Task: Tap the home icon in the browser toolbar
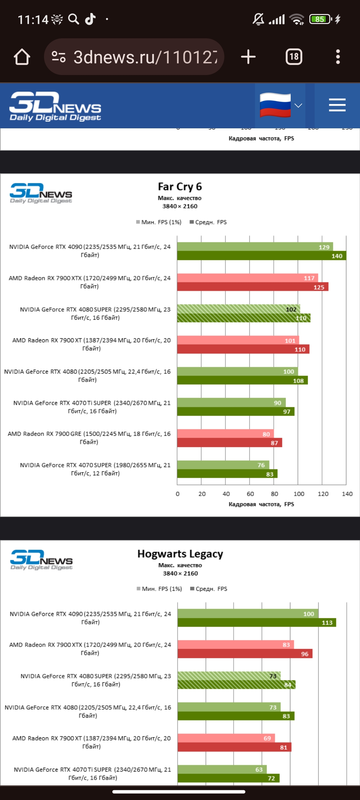coord(22,57)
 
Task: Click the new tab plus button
coord(248,57)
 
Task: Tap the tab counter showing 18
coord(294,57)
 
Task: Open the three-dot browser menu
coord(338,57)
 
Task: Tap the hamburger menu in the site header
coord(337,105)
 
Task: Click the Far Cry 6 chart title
coord(180,187)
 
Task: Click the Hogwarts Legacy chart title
coord(180,554)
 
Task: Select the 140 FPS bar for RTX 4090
coord(261,256)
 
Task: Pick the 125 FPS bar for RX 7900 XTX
coord(252,287)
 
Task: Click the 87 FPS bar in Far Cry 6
coord(229,443)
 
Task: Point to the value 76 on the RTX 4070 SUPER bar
coord(261,465)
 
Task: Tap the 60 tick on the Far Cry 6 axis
coord(250,494)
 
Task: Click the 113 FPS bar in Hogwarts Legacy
coord(257,623)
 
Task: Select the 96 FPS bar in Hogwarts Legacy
coord(245,654)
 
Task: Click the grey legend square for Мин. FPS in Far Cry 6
coord(138,222)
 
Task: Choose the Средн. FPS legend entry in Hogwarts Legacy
coord(209,589)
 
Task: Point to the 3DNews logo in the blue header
coord(55,106)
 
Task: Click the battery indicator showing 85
coord(320,19)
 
